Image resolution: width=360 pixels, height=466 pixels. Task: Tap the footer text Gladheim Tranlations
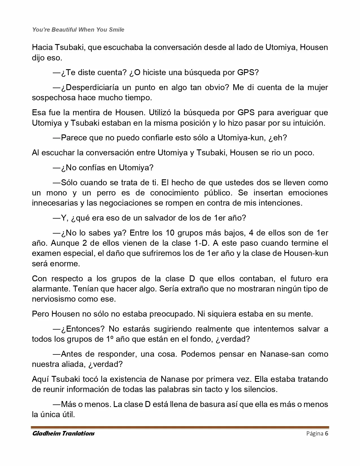pos(64,433)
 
